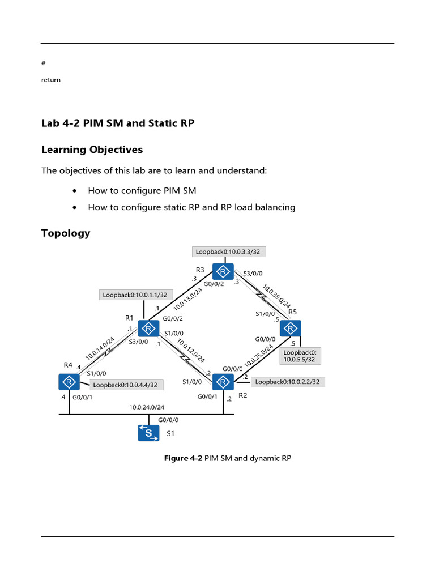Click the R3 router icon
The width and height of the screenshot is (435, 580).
(x=224, y=271)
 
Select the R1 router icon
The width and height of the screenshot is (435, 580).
(x=148, y=329)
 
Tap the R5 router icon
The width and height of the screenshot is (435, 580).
(x=291, y=329)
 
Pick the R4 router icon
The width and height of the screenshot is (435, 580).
(x=69, y=382)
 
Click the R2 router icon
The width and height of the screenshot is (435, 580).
(x=223, y=382)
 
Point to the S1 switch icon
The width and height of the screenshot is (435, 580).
(x=149, y=433)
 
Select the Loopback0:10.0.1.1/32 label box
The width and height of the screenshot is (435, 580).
(x=134, y=295)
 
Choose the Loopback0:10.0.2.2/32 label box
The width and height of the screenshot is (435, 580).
(x=287, y=382)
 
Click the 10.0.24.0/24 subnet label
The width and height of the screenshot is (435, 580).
(x=146, y=407)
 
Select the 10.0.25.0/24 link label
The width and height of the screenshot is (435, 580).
(x=258, y=356)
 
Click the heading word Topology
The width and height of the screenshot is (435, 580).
(x=66, y=233)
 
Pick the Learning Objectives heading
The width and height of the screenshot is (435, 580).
(x=92, y=150)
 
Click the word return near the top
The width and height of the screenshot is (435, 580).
(x=51, y=80)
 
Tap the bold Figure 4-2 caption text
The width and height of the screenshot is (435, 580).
(x=183, y=458)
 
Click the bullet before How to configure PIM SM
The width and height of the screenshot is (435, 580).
(x=75, y=191)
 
